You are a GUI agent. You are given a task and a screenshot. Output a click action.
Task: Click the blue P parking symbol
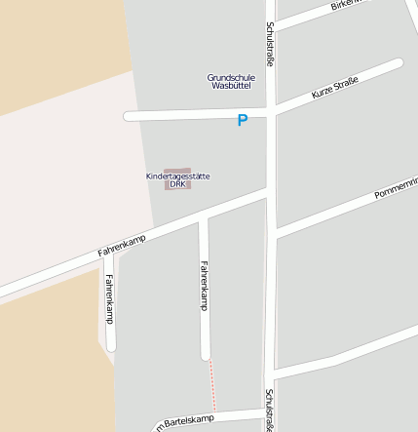click(243, 121)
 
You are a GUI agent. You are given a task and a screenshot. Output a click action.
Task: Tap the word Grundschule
click(231, 77)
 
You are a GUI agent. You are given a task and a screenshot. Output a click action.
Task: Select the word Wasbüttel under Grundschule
click(231, 86)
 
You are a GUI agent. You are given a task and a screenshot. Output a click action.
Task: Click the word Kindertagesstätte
click(177, 176)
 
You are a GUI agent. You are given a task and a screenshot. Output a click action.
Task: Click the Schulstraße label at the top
click(270, 44)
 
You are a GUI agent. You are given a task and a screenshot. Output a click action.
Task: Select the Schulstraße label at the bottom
click(269, 410)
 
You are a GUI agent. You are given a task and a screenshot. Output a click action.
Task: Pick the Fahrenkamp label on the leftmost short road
click(109, 298)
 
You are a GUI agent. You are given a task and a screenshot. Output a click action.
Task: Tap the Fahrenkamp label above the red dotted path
click(204, 285)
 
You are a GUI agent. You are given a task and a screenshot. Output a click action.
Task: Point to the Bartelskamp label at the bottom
click(185, 422)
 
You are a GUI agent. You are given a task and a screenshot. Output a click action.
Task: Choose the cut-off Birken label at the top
click(346, 5)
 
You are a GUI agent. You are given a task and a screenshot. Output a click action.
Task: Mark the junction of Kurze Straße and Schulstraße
click(271, 110)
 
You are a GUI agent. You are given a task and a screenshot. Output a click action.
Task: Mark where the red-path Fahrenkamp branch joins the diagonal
click(204, 220)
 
